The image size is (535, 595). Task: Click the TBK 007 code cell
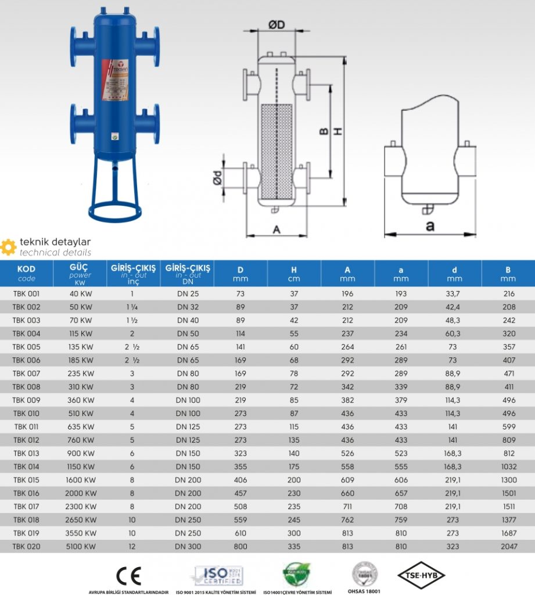(x=27, y=374)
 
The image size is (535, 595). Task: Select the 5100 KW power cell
(x=81, y=546)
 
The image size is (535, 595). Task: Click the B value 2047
(x=507, y=546)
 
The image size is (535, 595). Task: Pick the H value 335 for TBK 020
(x=294, y=546)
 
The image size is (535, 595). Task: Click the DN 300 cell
(x=188, y=546)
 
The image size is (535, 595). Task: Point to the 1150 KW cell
(x=81, y=467)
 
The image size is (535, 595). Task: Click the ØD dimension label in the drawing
(x=277, y=24)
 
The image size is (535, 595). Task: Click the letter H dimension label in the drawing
(x=337, y=132)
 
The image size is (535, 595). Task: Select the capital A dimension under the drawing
(x=277, y=230)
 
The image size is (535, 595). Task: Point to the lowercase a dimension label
(x=430, y=226)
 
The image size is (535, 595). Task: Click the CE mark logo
(x=128, y=575)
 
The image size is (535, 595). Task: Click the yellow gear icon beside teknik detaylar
(x=8, y=246)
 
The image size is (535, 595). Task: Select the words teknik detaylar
(x=55, y=242)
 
